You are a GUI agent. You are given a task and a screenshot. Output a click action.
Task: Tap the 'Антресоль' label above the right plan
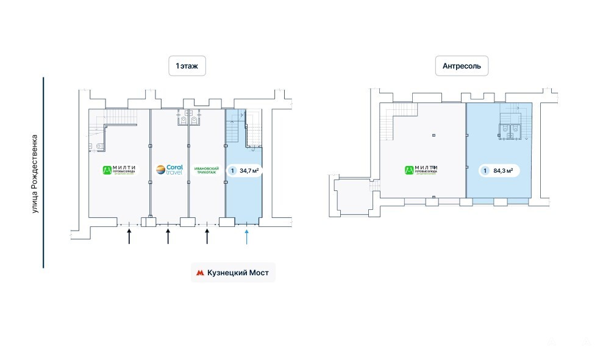pos(462,65)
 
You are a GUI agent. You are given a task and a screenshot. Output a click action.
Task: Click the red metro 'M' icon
pos(199,273)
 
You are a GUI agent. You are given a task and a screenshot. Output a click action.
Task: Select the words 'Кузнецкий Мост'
pos(238,273)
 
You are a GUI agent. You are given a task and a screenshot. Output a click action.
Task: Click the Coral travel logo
pos(169,170)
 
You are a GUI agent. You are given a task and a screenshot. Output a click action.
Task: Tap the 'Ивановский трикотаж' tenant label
pos(207,170)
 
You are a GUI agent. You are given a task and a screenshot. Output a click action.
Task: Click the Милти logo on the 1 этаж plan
pos(119,170)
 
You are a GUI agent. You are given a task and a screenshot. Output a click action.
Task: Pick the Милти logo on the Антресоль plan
pos(421,170)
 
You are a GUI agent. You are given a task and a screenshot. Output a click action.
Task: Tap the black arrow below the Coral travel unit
pos(168,236)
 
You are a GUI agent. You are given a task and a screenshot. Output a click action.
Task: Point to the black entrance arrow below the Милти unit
pos(129,236)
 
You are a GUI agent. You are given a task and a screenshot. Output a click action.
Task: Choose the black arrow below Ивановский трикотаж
pos(207,236)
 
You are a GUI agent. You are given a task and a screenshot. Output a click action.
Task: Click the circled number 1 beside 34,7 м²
pos(232,171)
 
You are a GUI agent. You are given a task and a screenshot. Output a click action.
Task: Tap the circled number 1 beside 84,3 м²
pos(485,171)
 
